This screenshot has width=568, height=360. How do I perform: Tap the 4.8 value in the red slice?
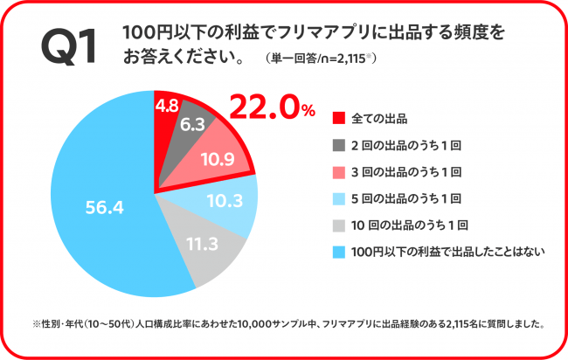[x=167, y=105]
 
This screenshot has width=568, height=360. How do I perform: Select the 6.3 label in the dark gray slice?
[x=193, y=125]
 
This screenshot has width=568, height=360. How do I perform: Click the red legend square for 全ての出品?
[x=340, y=118]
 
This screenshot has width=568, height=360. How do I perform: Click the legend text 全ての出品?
[x=379, y=118]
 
